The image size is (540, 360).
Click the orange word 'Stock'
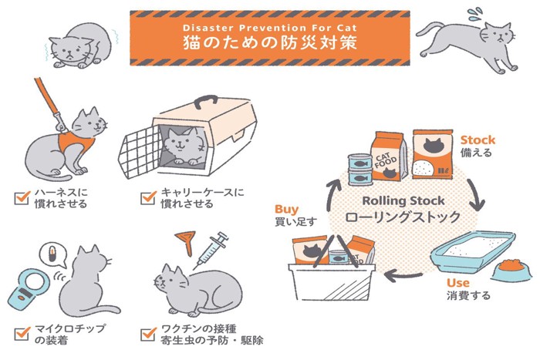(x=478, y=140)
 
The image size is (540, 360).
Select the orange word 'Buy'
(x=286, y=209)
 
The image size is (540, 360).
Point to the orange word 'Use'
(x=457, y=282)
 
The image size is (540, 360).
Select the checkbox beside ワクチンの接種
(x=148, y=333)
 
